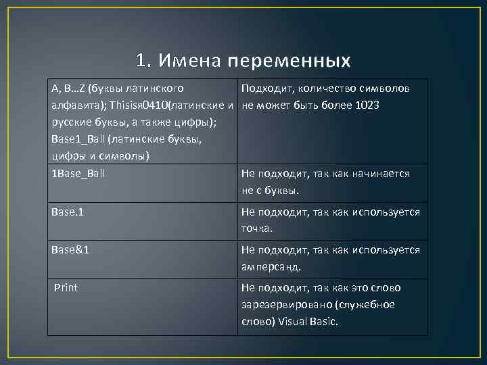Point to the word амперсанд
[271, 266]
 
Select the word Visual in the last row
[292, 321]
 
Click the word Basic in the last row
[324, 321]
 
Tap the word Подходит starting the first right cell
[264, 89]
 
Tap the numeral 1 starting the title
[140, 61]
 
